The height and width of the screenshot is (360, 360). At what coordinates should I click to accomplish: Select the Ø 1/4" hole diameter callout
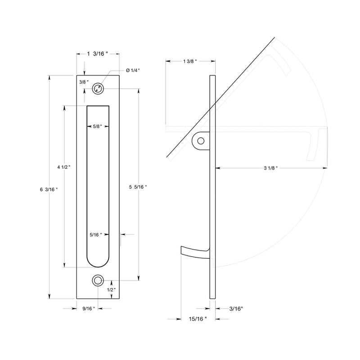[133, 70]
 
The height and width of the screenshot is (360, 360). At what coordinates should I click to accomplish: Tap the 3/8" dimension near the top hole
[83, 82]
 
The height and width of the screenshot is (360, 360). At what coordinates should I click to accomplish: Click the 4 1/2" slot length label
[63, 167]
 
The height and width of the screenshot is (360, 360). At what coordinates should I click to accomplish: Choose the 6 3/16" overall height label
[49, 189]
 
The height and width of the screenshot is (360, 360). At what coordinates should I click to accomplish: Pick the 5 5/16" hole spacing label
[138, 186]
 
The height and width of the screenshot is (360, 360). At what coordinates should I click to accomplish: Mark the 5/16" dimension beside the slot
[95, 234]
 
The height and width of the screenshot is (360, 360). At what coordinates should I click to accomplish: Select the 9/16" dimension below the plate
[88, 309]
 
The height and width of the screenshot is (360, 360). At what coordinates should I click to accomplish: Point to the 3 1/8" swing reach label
[270, 168]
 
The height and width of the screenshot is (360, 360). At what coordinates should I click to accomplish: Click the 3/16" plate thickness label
[236, 309]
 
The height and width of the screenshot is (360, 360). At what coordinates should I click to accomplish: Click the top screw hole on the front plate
[98, 89]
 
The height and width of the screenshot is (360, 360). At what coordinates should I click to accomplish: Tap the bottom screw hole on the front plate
[97, 281]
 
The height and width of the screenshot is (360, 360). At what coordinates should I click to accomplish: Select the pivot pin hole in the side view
[201, 141]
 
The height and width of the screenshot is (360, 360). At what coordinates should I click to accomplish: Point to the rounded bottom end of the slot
[98, 262]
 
